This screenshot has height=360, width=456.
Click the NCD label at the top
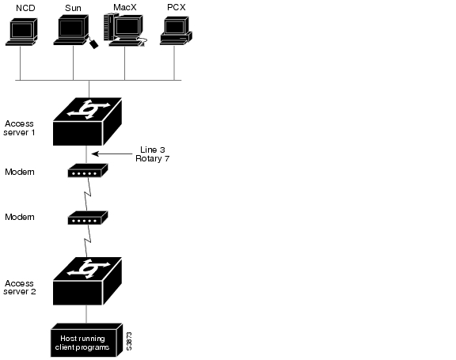coord(25,8)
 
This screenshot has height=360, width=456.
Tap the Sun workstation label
coord(73,8)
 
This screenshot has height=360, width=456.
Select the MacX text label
coord(125,7)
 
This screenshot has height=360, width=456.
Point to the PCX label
coord(177,7)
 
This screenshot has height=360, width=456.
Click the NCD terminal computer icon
coord(21,32)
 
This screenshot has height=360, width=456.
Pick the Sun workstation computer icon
coord(72,30)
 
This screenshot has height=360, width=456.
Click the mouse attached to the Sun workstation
coord(93,44)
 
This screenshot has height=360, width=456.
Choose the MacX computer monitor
coord(128,28)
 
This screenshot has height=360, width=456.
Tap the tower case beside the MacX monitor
coord(109,27)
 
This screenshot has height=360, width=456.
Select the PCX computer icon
coord(176,31)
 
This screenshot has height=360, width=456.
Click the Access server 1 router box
coord(87,122)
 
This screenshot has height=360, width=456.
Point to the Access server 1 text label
coord(19,128)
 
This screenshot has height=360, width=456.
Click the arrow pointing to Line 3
coord(112,153)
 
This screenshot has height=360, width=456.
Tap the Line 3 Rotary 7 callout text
coord(152,154)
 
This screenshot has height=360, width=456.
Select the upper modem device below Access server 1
coord(88,171)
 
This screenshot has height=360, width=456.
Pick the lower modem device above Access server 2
coord(88,218)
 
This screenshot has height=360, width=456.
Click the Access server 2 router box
coord(87,281)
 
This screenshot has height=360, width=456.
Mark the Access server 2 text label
coord(20,287)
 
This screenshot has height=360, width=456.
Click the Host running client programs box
coord(86,340)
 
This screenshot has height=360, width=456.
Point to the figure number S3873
coord(129,341)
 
